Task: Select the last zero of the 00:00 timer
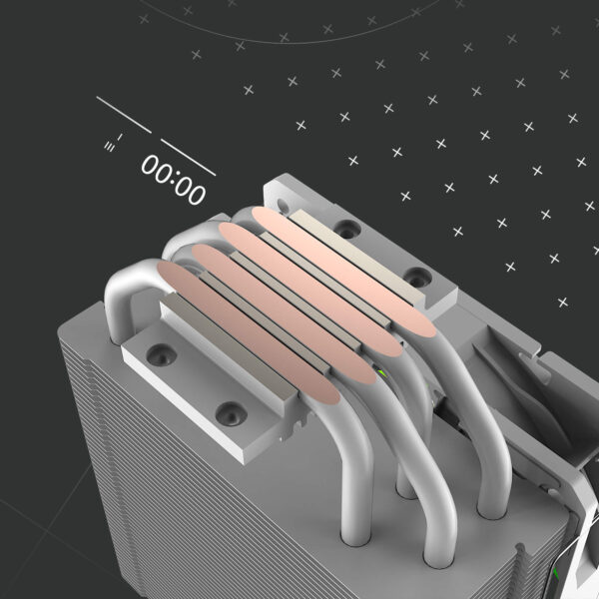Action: click(x=198, y=191)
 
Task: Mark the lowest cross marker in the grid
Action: click(x=562, y=301)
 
